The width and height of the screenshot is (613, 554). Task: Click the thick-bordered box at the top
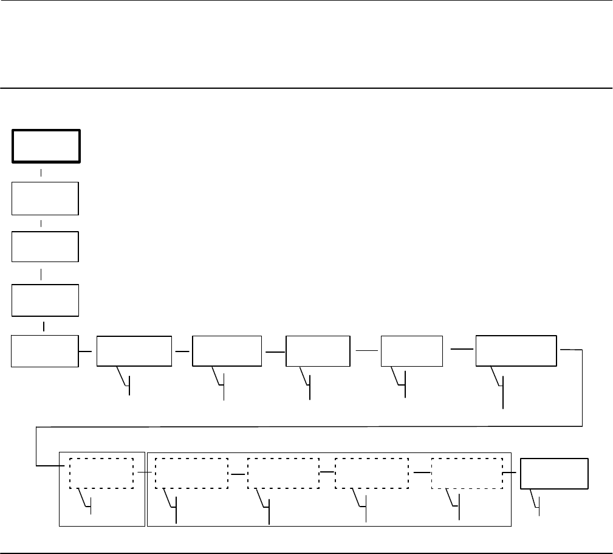point(46,146)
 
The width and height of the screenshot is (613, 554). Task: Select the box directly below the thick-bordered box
point(46,198)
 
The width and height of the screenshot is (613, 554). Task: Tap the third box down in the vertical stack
point(46,247)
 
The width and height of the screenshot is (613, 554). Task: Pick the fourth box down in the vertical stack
point(46,300)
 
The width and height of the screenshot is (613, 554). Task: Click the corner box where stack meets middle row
point(46,350)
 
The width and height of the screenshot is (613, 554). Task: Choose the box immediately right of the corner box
point(134,350)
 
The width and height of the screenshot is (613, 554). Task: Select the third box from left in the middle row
point(227,350)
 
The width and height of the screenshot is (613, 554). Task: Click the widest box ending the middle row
point(516,350)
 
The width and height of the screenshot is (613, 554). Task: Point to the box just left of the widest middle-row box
point(411,350)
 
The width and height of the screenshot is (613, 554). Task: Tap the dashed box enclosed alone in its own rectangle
point(101,473)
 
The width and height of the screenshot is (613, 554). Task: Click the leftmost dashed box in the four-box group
point(191,473)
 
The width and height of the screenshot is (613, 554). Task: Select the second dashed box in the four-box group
point(283,473)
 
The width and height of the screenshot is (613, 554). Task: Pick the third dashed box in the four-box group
point(371,473)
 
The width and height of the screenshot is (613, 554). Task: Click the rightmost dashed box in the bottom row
point(467,473)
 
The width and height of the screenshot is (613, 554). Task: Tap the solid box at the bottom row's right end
point(555,473)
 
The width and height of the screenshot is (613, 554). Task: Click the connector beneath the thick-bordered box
point(41,173)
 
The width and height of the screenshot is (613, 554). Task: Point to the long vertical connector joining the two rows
point(583,387)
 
